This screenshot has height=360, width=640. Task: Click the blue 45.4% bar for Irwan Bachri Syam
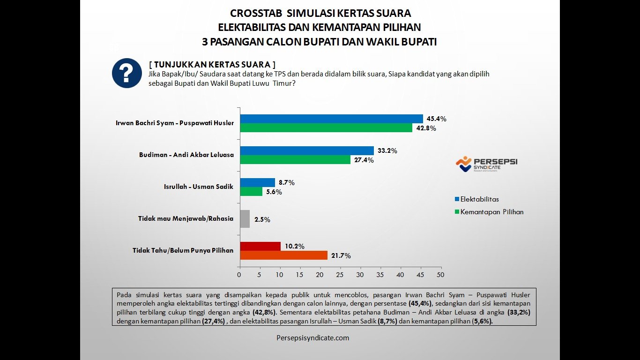click(331, 119)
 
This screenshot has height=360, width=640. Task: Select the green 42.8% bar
click(326, 127)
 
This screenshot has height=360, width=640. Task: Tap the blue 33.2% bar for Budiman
click(307, 150)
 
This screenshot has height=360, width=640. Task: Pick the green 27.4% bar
click(295, 160)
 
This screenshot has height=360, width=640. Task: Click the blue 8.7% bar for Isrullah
click(257, 182)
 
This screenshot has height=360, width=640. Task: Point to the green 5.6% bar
click(251, 192)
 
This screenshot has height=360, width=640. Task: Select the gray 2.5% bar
click(245, 219)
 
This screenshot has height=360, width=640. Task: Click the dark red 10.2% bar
click(260, 246)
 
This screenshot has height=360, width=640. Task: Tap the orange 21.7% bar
click(283, 255)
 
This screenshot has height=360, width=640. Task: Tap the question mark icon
click(127, 73)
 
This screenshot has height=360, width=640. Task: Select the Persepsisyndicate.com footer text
click(313, 337)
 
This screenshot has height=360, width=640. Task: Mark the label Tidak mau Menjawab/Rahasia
click(186, 218)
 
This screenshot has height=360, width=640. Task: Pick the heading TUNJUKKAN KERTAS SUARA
click(212, 64)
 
